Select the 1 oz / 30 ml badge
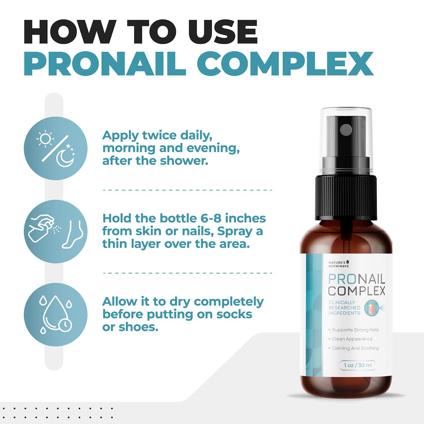[358, 365]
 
